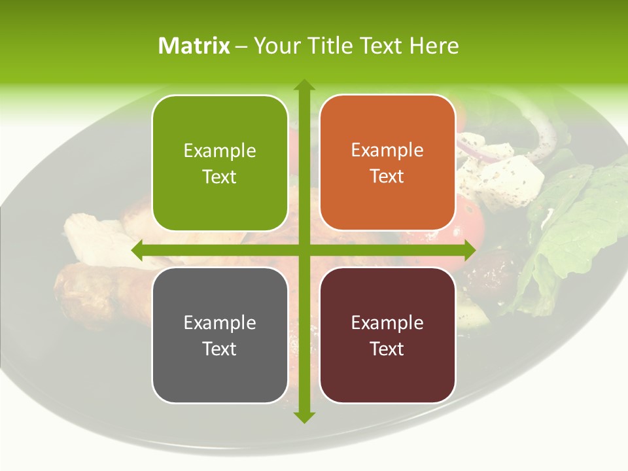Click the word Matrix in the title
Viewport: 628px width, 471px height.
tap(194, 46)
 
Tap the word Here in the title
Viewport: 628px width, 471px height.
tap(434, 46)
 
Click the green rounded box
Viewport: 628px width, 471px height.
tap(220, 164)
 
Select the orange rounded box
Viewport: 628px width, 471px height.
tap(387, 164)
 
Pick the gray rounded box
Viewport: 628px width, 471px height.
tap(220, 336)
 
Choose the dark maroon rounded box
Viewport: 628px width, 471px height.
tap(387, 336)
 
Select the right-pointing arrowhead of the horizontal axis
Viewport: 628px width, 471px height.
tap(470, 250)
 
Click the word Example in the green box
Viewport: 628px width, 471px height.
tap(220, 151)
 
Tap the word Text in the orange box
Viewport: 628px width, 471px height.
tap(387, 177)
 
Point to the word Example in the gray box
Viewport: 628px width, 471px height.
tap(220, 323)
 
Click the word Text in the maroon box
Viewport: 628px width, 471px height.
tap(387, 349)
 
